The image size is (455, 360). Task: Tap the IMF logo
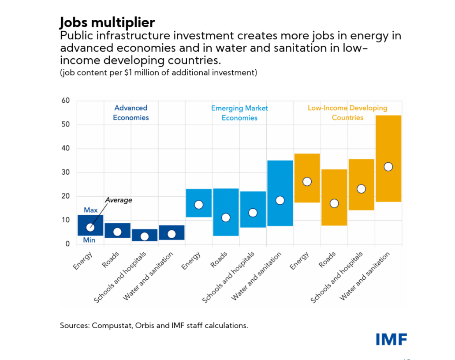coord(391,339)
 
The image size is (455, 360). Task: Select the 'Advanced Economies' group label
coord(131,112)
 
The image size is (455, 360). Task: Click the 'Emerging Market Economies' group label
coord(239,113)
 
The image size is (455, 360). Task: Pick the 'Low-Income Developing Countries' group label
coord(347,112)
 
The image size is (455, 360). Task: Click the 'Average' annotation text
coord(118,200)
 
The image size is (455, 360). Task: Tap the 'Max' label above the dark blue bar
coord(91,210)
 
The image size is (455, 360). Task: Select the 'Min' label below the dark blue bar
coord(90,240)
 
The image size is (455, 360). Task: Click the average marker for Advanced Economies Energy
coord(90,228)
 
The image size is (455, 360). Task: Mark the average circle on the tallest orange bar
coord(388,167)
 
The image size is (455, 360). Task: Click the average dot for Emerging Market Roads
coord(226,217)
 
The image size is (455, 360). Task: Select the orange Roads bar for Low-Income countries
coord(334,185)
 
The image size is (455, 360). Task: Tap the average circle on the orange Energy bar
coord(307,182)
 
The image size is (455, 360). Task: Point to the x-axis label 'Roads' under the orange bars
coord(328,260)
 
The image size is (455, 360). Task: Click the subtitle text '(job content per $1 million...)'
coord(158,72)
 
